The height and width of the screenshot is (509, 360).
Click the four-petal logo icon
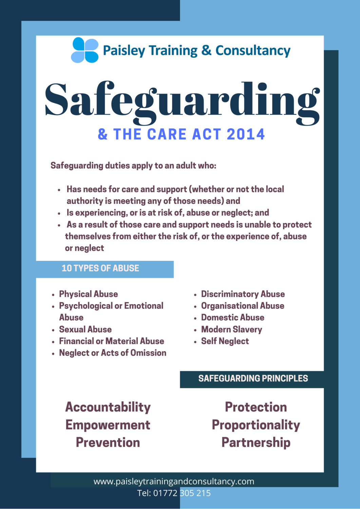[84, 50]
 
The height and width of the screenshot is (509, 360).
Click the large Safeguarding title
[182, 101]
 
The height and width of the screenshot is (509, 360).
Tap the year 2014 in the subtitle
[246, 134]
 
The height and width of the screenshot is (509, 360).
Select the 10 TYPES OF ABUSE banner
[100, 268]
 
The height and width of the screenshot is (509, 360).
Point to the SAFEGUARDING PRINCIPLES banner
[253, 379]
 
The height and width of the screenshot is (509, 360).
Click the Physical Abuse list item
[89, 294]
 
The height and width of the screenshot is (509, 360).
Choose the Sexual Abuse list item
[85, 329]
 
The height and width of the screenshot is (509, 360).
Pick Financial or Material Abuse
[111, 341]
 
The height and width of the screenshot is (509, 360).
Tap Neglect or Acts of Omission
[113, 353]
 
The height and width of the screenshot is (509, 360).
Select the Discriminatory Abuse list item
[243, 294]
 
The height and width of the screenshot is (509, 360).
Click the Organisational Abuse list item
[243, 306]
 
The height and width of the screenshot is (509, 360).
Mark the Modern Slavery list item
[231, 329]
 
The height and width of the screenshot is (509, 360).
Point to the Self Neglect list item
[225, 341]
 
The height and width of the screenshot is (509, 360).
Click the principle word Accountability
[108, 407]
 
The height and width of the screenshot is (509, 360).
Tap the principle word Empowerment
[108, 425]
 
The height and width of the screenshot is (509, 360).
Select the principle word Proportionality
[256, 425]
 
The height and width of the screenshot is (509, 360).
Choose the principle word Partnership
[256, 442]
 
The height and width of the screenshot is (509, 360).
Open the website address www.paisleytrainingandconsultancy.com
[174, 482]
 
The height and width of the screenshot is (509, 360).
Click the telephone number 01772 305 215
[182, 493]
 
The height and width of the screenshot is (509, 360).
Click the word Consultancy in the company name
[253, 51]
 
